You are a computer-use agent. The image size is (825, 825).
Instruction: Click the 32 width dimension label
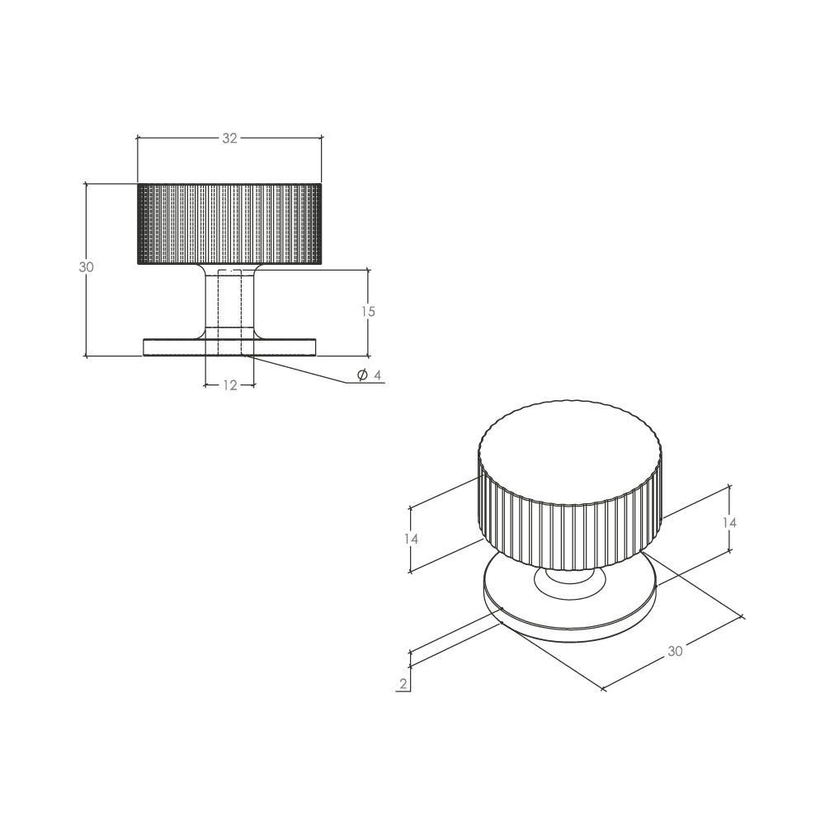[x=230, y=139]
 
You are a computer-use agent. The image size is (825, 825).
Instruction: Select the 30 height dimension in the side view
[x=87, y=267]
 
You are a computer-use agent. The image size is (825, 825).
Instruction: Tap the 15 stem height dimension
[x=368, y=312]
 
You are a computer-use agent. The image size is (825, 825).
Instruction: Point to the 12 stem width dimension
[x=230, y=385]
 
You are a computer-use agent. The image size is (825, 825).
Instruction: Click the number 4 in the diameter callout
[x=377, y=375]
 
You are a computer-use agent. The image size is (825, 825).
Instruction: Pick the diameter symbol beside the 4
[x=362, y=375]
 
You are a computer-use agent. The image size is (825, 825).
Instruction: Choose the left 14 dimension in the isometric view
[x=411, y=539]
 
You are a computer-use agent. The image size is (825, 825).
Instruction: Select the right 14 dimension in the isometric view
[x=729, y=522]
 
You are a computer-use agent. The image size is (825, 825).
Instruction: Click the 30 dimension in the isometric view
[x=675, y=652]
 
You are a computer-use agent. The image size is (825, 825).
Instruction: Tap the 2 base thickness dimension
[x=403, y=684]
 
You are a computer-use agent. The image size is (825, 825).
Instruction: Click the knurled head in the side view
[x=229, y=224]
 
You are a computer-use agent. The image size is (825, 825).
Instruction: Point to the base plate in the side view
[x=229, y=346]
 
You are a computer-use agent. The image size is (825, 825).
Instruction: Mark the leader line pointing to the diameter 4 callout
[x=297, y=370]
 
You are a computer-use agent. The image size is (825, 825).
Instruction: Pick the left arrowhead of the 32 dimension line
[x=140, y=138]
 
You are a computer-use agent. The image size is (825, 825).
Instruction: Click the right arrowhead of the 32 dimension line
[x=318, y=138]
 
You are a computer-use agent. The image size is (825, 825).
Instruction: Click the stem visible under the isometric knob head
[x=570, y=575]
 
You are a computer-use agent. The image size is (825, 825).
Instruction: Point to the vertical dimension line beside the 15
[x=368, y=313]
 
